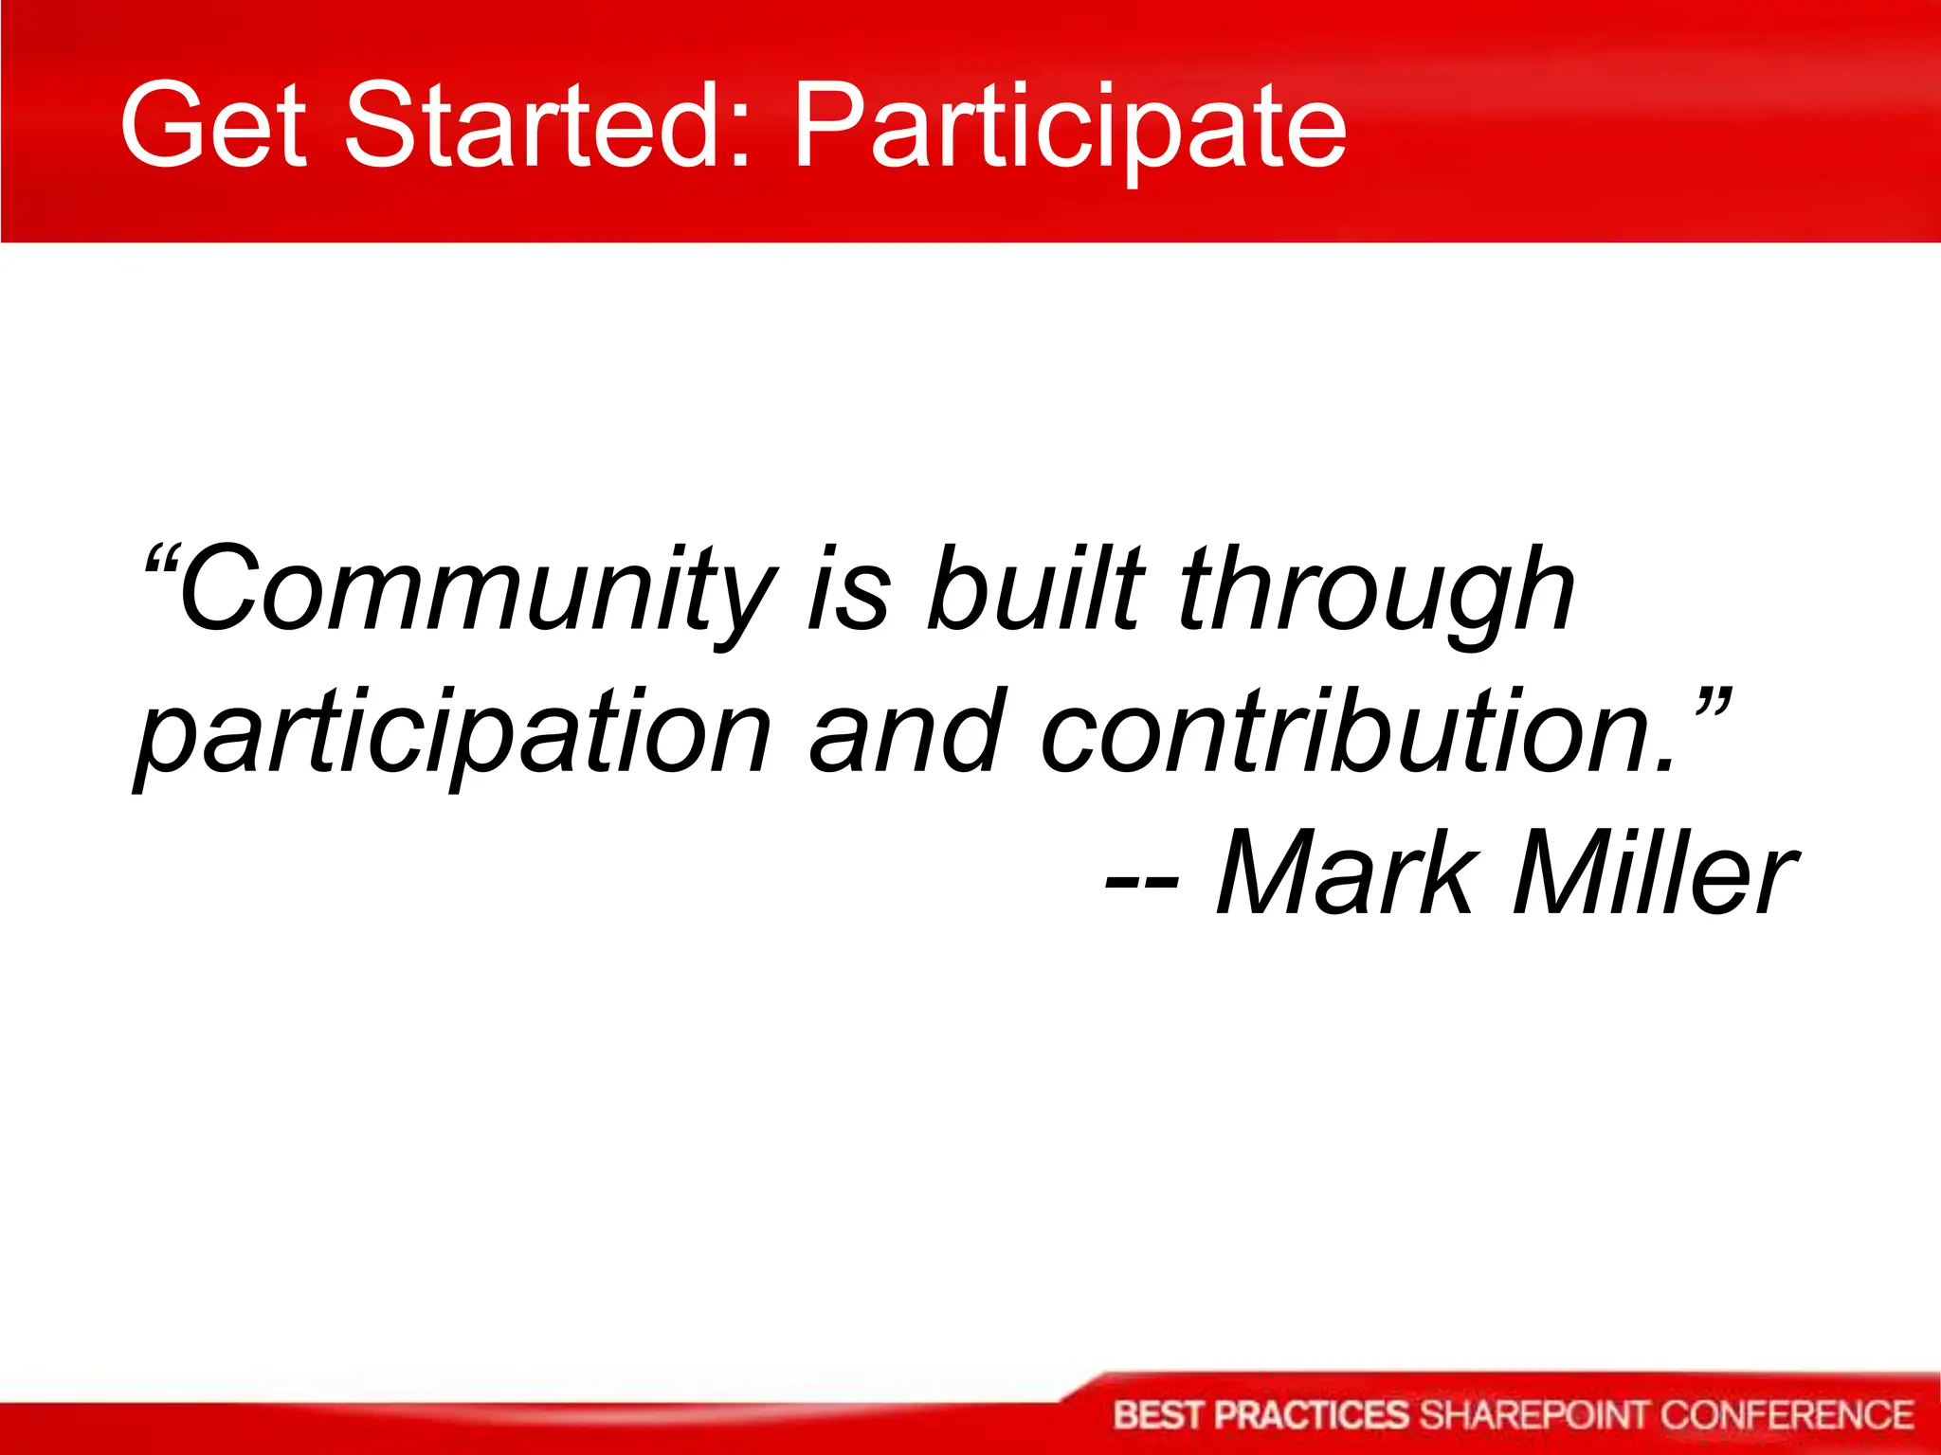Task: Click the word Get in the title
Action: point(213,125)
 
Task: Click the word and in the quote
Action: point(906,731)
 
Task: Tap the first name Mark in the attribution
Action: point(1346,872)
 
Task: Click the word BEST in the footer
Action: point(1159,1415)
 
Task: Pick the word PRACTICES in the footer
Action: point(1312,1415)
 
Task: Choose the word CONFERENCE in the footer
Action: point(1787,1415)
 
